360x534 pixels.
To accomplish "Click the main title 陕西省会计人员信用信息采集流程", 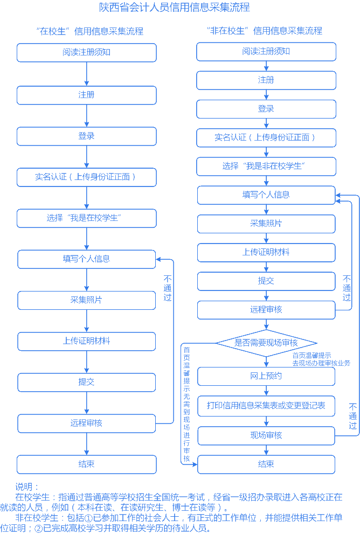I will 175,8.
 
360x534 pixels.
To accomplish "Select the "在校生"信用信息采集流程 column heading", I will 89,31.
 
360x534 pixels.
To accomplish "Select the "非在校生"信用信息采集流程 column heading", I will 265,31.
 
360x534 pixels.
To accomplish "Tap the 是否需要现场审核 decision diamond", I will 266,342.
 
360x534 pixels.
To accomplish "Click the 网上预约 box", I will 266,376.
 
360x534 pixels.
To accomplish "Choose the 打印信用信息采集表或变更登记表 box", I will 266,406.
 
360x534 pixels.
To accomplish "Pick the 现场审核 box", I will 266,435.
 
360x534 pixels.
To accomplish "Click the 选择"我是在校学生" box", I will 87,218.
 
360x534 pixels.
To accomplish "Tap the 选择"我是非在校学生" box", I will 266,166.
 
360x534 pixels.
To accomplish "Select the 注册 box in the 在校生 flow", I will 87,95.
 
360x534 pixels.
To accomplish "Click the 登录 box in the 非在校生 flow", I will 266,109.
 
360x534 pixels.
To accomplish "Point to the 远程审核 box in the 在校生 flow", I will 87,423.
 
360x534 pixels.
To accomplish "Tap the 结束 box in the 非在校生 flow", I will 266,464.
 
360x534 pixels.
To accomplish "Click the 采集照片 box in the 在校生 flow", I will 87,300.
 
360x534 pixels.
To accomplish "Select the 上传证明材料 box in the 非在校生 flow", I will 266,252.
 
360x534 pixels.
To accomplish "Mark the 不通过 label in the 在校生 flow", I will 168,288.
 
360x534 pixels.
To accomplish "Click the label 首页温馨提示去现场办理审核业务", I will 321,359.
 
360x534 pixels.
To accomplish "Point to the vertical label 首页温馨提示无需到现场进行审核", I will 186,404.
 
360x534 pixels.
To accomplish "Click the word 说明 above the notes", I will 27,487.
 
